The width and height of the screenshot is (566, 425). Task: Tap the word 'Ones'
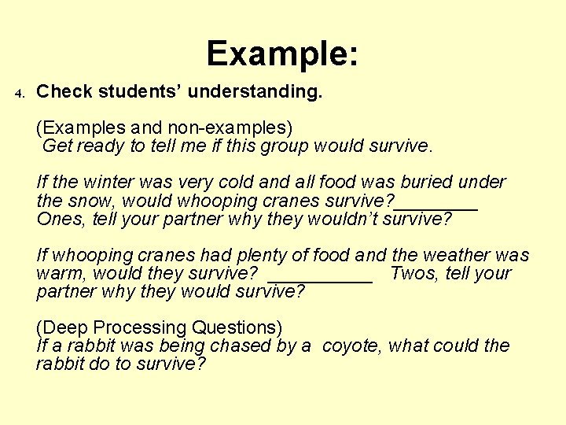[x=60, y=219]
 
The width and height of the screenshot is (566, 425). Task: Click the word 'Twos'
[x=415, y=274]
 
